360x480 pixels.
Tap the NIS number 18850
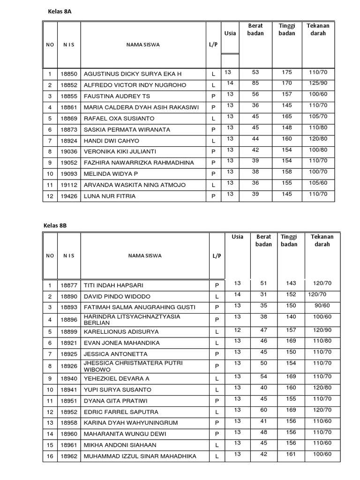pos(68,74)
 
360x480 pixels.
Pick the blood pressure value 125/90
pos(318,83)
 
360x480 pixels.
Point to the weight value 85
pos(255,83)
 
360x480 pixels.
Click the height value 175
pos(287,72)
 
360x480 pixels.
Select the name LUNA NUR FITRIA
pos(109,196)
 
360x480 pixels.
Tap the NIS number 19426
pos(68,196)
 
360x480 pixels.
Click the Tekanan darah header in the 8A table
pos(318,30)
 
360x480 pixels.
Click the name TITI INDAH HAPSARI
pos(113,285)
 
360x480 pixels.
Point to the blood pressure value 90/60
pos(322,306)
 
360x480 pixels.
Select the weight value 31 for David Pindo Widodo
pos(263,294)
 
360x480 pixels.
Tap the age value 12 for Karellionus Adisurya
pos(237,330)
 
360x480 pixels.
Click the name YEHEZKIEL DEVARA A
pos(116,379)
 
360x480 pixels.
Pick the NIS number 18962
pos(68,456)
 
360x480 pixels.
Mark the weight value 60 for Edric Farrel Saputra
pos(263,410)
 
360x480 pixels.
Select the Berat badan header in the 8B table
pos(263,240)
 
